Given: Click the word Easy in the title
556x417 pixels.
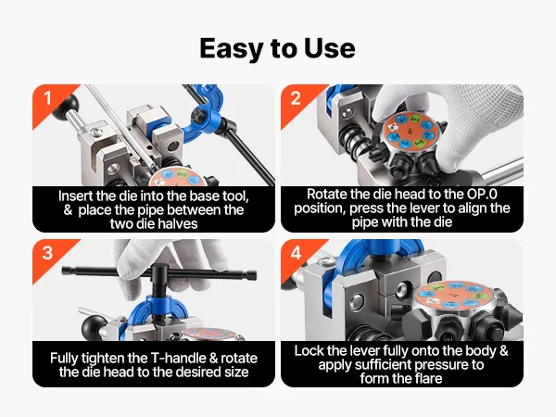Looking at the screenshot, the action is (233, 48).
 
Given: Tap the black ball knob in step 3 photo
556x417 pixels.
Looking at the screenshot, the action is (94, 326).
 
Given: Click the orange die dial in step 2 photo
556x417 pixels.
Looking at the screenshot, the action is (411, 131).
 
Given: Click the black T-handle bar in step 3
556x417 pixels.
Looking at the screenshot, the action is (158, 272).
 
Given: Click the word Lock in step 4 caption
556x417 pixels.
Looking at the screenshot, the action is (309, 350).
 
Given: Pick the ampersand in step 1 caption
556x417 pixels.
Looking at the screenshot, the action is (68, 210).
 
